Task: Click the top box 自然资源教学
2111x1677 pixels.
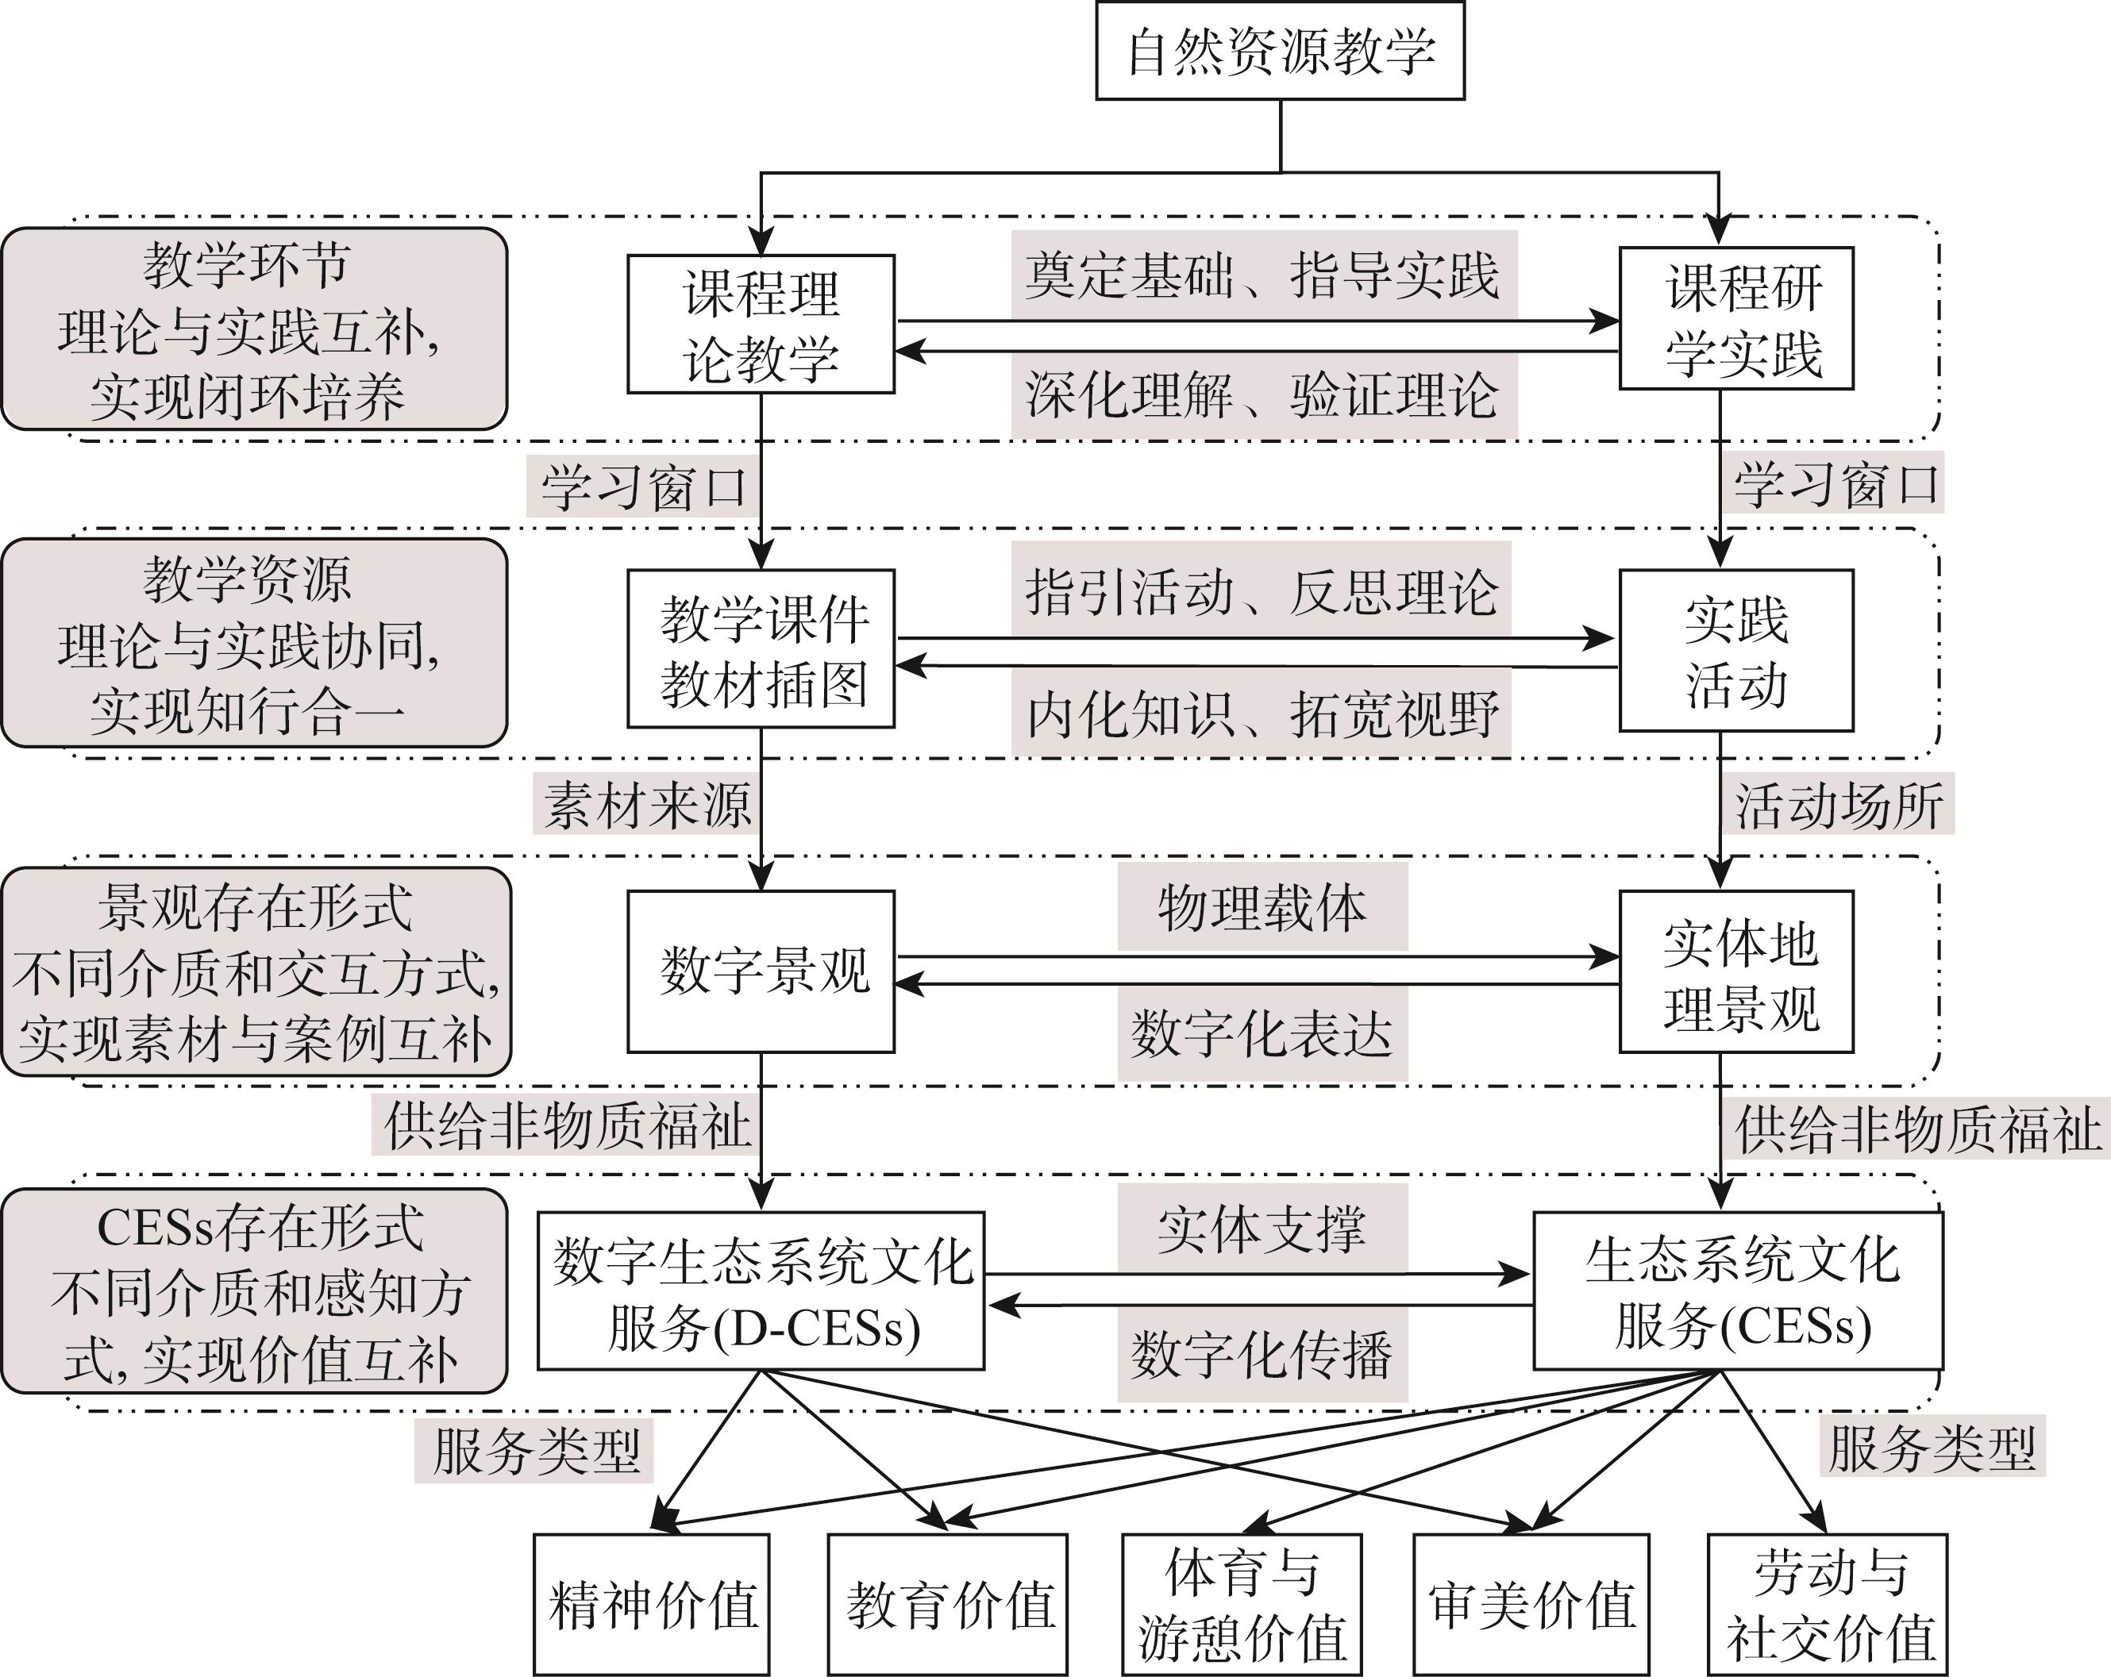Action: point(1280,51)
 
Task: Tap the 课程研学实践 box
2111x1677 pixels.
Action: point(1736,319)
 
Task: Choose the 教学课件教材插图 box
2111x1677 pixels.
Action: point(761,649)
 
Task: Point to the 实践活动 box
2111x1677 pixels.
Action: point(1736,651)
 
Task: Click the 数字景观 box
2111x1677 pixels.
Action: point(761,971)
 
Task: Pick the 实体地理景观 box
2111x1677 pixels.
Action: point(1736,972)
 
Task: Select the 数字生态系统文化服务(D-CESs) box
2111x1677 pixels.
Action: point(761,1291)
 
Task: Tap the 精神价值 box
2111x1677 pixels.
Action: point(652,1605)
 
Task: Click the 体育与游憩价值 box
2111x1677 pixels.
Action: point(1242,1605)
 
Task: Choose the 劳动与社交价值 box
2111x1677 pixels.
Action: point(1827,1605)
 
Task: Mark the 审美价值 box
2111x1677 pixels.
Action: point(1531,1605)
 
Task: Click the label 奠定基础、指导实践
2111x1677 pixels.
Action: point(1263,275)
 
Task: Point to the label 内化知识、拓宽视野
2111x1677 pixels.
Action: point(1261,713)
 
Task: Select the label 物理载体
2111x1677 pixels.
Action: point(1262,907)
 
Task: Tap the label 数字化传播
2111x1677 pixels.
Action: point(1262,1355)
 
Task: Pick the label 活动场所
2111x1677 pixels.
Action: point(1838,805)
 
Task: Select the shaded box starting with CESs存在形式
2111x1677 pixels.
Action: point(253,1291)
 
